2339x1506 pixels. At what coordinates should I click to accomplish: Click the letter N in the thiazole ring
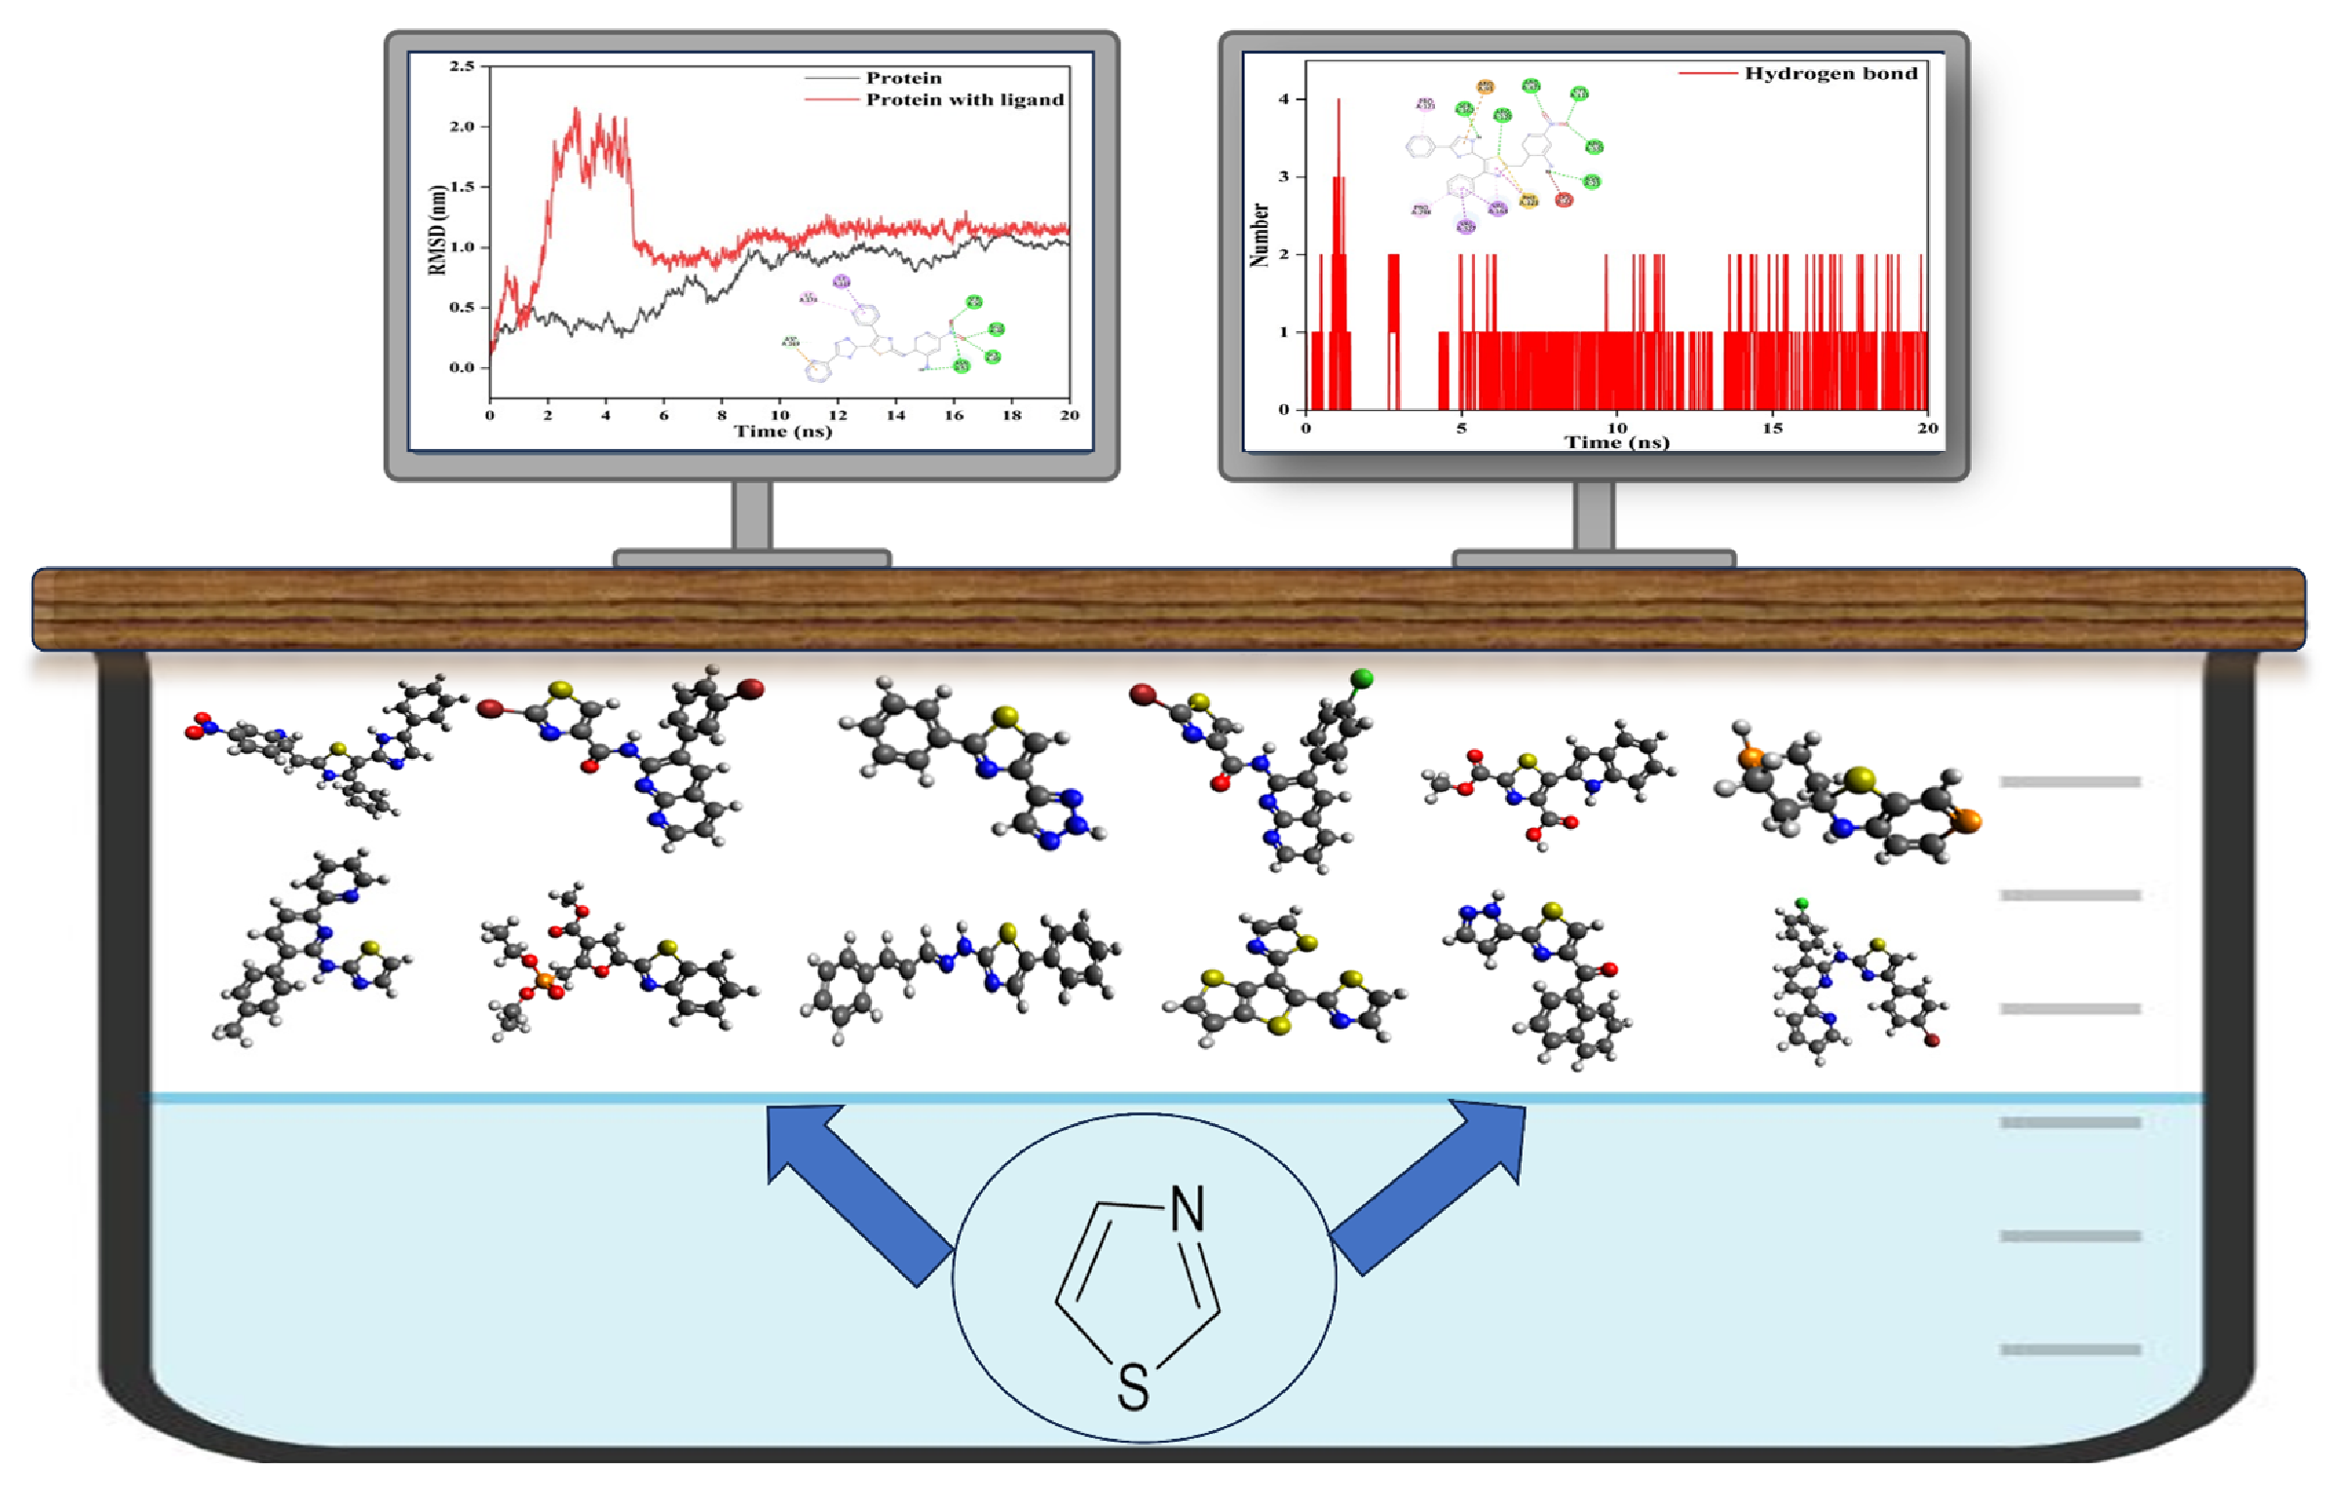pos(1188,1209)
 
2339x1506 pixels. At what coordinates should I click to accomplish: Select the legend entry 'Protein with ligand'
pos(964,99)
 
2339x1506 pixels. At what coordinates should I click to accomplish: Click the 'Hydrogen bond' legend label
pos(1830,73)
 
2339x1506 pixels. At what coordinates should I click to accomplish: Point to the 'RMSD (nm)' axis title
pos(437,230)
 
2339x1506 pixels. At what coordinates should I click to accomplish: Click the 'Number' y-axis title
pos(1260,235)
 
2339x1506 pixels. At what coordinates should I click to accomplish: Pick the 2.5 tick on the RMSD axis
pos(462,66)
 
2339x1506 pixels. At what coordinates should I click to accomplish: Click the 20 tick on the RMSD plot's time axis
pos(1070,415)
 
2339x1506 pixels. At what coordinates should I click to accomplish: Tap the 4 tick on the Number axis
pos(1284,98)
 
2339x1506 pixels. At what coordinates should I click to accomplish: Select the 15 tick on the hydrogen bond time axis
pos(1772,428)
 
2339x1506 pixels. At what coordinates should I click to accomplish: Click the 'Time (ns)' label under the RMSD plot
pos(782,432)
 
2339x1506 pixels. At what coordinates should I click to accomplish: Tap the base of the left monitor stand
pos(751,558)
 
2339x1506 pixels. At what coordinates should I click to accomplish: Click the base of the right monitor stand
pos(1594,558)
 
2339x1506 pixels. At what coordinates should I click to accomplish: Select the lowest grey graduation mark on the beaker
pos(2069,1349)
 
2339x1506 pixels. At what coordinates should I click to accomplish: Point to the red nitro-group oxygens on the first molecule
pos(199,725)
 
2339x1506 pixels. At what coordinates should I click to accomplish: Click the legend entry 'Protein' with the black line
pos(903,78)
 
